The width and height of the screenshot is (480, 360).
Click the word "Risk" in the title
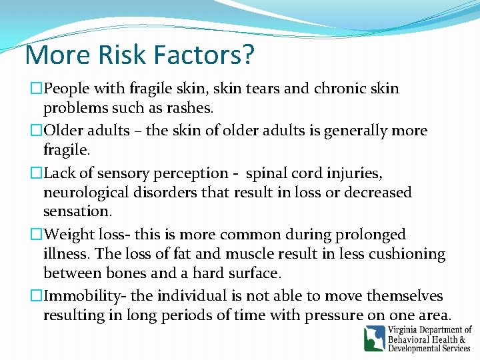click(x=126, y=55)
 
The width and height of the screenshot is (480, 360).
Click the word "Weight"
click(x=69, y=235)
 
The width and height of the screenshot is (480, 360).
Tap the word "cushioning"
click(x=407, y=254)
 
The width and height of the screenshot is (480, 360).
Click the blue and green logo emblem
click(x=374, y=338)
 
